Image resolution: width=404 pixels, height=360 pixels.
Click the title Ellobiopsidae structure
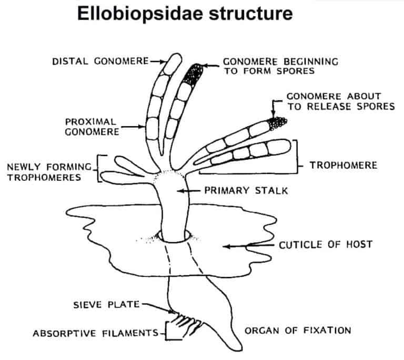click(x=185, y=15)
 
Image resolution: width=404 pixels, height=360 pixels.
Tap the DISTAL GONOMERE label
click(x=100, y=61)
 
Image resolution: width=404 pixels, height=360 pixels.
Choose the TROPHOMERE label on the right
click(x=343, y=165)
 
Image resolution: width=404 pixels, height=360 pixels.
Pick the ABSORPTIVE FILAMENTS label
click(x=95, y=333)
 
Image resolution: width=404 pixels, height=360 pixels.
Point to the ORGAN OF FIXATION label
click(x=298, y=331)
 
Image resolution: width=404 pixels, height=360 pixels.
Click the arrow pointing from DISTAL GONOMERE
click(x=157, y=61)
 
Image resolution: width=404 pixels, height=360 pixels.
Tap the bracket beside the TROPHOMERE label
click(x=298, y=156)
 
